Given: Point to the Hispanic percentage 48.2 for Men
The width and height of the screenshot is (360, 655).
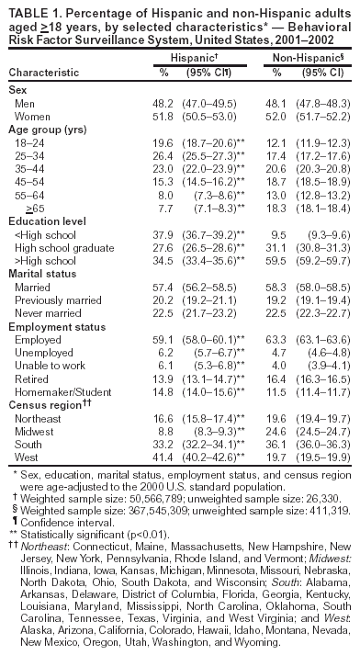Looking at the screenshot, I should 163,104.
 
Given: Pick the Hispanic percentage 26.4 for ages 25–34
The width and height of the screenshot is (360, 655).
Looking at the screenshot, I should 163,156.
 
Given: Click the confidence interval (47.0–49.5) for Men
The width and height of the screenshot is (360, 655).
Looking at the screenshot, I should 213,104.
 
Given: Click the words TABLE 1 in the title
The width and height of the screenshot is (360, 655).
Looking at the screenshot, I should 30,7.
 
